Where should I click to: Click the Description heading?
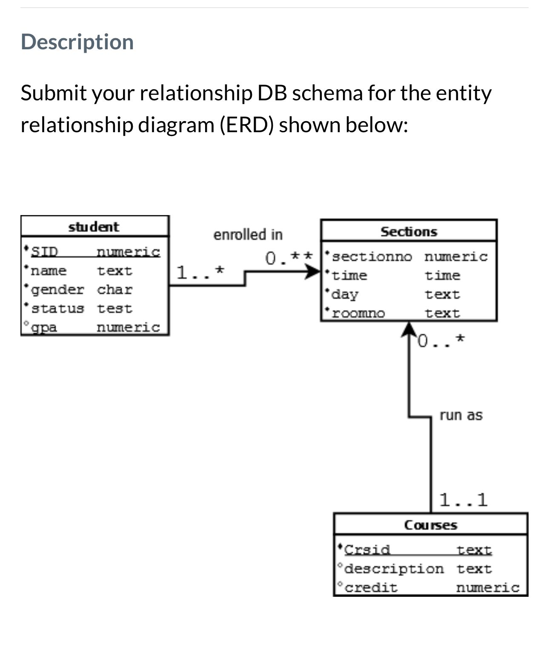coord(77,42)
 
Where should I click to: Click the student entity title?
coord(94,227)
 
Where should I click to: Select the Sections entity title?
coord(409,232)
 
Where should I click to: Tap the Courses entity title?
coord(430,525)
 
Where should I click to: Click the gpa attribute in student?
coord(44,327)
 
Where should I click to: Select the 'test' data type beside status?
coord(114,308)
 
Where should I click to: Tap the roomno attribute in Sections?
coord(358,314)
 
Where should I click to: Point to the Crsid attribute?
coord(367,550)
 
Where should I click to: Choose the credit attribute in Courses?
coord(371,587)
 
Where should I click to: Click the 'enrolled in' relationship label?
coord(248,235)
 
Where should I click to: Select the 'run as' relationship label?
coord(461,415)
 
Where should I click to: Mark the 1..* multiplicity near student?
coord(200,272)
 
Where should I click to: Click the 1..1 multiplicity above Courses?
coord(463,500)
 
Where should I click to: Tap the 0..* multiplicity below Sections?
coord(441,340)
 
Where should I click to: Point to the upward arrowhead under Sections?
coord(409,329)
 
